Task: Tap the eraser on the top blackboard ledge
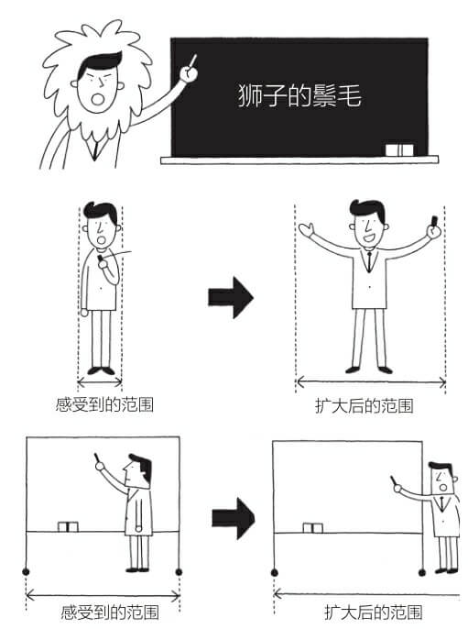click(399, 149)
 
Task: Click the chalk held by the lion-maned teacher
click(193, 61)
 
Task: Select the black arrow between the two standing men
click(230, 296)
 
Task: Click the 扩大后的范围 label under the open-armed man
click(370, 404)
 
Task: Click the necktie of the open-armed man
click(368, 259)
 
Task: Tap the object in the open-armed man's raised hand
click(434, 220)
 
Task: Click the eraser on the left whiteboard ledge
click(69, 527)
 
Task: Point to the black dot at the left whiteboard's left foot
click(27, 572)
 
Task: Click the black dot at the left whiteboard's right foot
click(179, 572)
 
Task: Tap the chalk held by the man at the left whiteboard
click(95, 458)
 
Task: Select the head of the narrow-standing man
click(98, 221)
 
